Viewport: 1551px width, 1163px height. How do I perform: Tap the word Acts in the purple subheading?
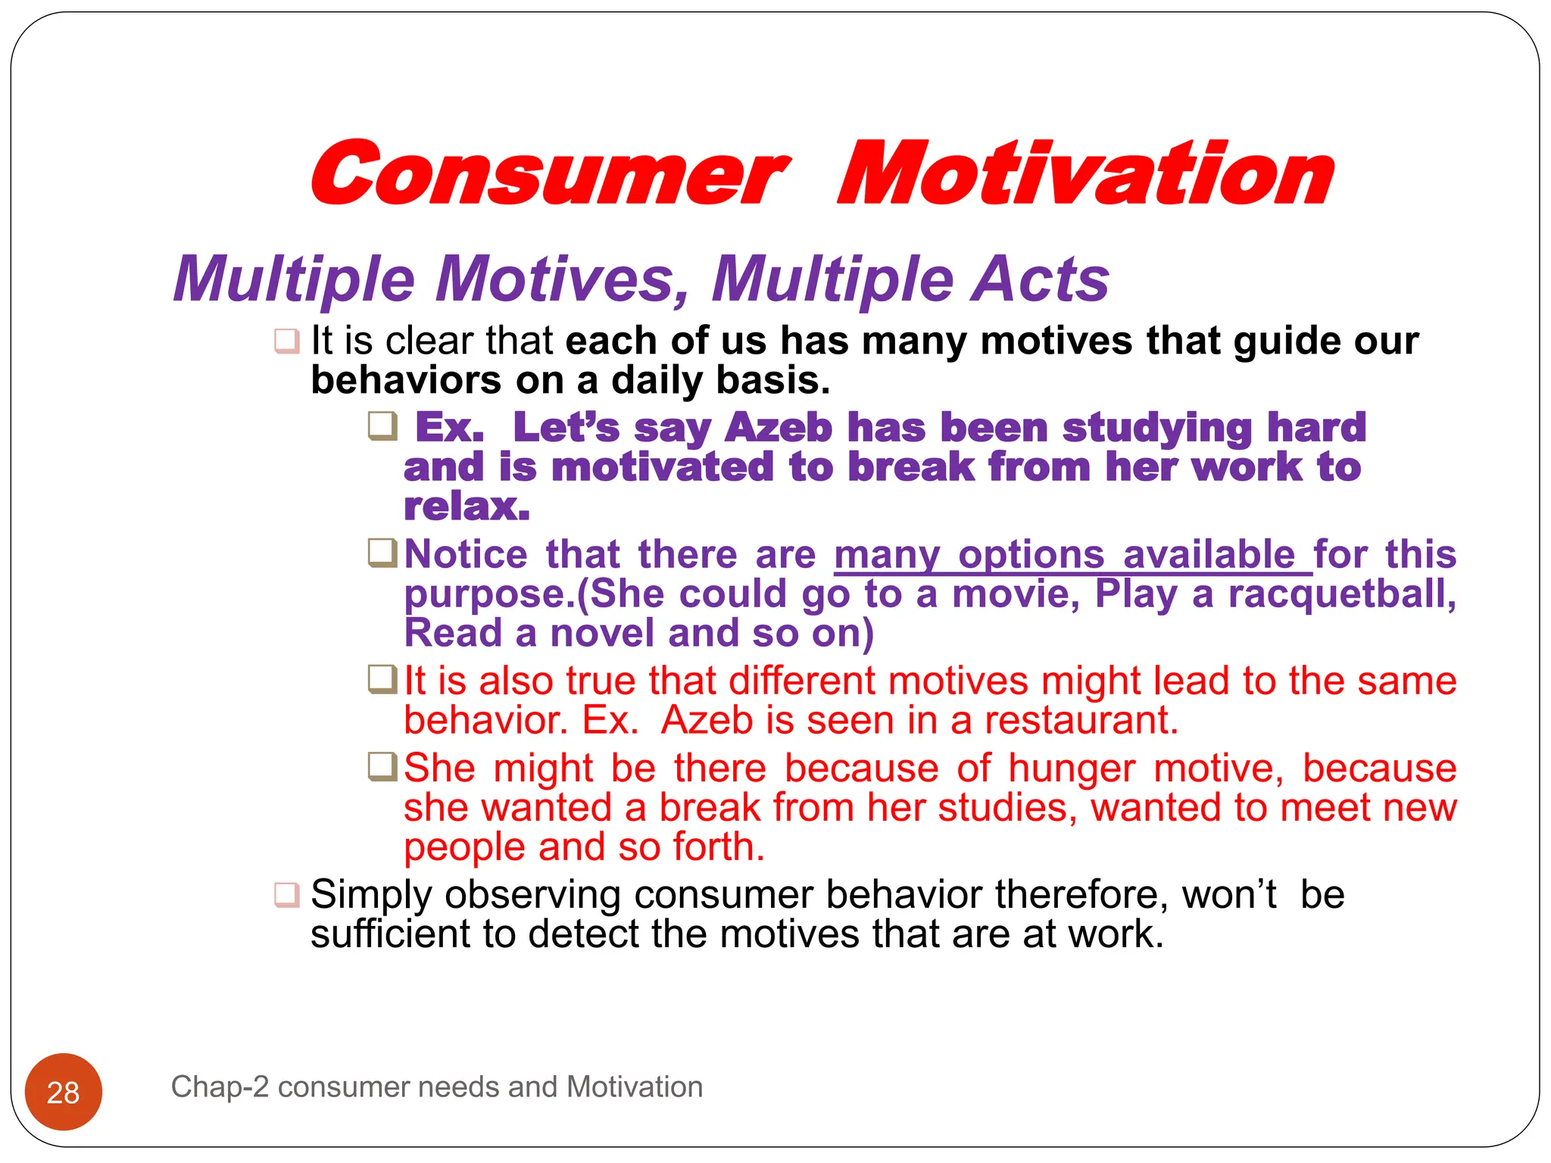[1041, 279]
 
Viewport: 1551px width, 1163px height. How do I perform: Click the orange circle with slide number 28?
[64, 1092]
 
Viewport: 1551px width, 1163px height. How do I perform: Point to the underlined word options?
[1031, 555]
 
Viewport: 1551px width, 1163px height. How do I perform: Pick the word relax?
[467, 507]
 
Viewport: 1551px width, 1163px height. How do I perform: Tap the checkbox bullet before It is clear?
[287, 341]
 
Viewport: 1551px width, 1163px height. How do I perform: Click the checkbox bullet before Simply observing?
[287, 894]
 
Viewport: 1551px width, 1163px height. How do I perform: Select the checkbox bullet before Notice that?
[382, 553]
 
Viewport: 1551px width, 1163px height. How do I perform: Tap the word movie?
[1016, 594]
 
